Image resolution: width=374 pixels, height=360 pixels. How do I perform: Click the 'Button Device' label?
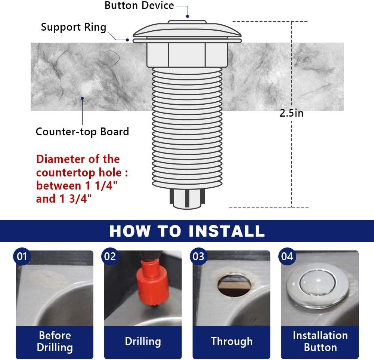[139, 6]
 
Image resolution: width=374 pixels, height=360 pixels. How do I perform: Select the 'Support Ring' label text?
[74, 27]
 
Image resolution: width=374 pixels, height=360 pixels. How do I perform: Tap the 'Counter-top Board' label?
[82, 132]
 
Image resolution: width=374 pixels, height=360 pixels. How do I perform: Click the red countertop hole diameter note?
[84, 179]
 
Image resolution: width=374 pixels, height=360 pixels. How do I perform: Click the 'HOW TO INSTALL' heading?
[187, 231]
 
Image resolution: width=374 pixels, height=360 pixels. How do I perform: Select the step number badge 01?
[22, 256]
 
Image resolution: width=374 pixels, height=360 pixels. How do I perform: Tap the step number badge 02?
[110, 256]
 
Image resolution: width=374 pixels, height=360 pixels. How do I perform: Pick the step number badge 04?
[287, 256]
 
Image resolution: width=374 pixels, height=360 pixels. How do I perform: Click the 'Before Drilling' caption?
[55, 341]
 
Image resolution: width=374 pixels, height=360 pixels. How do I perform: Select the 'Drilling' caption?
[143, 341]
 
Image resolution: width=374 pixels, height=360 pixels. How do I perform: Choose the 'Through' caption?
[232, 341]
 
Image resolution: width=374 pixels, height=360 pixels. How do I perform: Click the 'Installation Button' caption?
[320, 341]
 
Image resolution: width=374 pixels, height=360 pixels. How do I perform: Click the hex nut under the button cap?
[187, 54]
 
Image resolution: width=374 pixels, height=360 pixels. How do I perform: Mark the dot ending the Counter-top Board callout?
[83, 99]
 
